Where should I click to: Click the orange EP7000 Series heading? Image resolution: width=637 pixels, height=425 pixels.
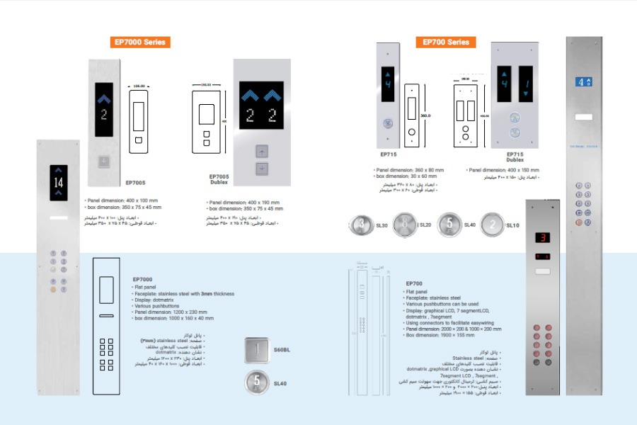(139, 42)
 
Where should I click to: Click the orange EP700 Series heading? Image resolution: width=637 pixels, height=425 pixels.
(446, 42)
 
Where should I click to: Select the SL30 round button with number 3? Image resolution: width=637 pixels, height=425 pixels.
(361, 225)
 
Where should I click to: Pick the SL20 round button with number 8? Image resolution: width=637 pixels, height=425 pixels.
(405, 225)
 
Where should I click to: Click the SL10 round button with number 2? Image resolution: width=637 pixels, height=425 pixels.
(492, 225)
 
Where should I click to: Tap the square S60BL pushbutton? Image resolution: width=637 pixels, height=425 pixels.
(258, 349)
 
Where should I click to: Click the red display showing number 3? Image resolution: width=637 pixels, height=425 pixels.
(543, 238)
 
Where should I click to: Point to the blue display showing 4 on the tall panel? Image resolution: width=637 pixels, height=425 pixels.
(583, 82)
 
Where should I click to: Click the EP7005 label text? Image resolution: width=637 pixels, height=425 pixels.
(135, 183)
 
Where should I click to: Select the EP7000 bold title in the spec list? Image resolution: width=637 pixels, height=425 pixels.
(142, 280)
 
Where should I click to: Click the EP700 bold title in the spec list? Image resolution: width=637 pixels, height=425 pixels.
(414, 283)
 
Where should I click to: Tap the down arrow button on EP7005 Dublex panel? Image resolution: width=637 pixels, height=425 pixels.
(262, 169)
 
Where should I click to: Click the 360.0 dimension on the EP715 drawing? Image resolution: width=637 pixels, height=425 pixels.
(426, 115)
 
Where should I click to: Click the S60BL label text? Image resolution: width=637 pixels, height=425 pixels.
(282, 350)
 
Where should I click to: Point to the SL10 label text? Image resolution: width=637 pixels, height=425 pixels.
(513, 225)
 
